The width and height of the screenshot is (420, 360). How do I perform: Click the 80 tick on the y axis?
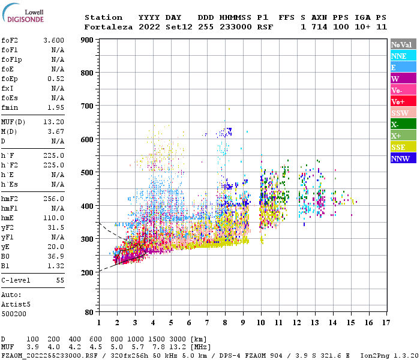tap(89, 313)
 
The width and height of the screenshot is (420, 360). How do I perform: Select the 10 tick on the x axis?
tap(261, 322)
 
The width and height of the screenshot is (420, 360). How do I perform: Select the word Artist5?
tap(15, 304)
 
